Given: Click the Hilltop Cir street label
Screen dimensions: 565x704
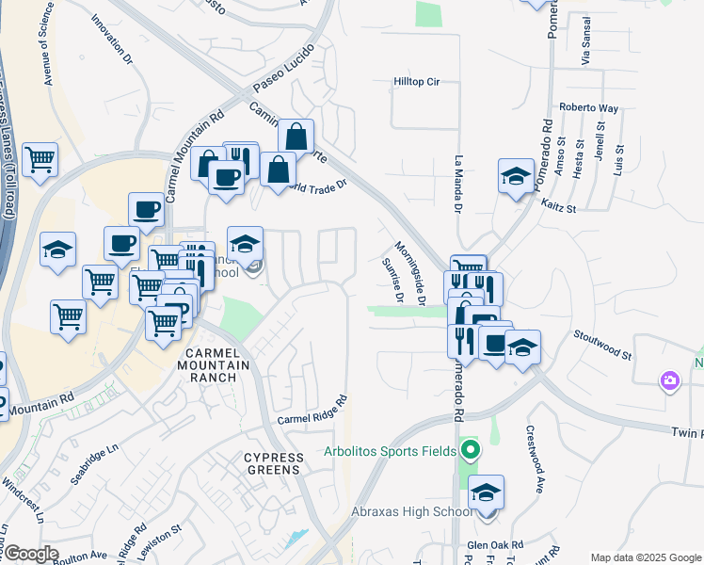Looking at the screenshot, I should tap(416, 83).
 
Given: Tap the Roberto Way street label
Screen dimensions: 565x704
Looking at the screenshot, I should tap(588, 108).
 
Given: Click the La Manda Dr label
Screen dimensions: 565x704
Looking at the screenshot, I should tap(458, 185).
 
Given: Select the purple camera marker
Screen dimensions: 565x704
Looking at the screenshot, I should tap(670, 380).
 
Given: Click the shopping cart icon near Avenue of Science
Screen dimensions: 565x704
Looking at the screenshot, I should tap(39, 160).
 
